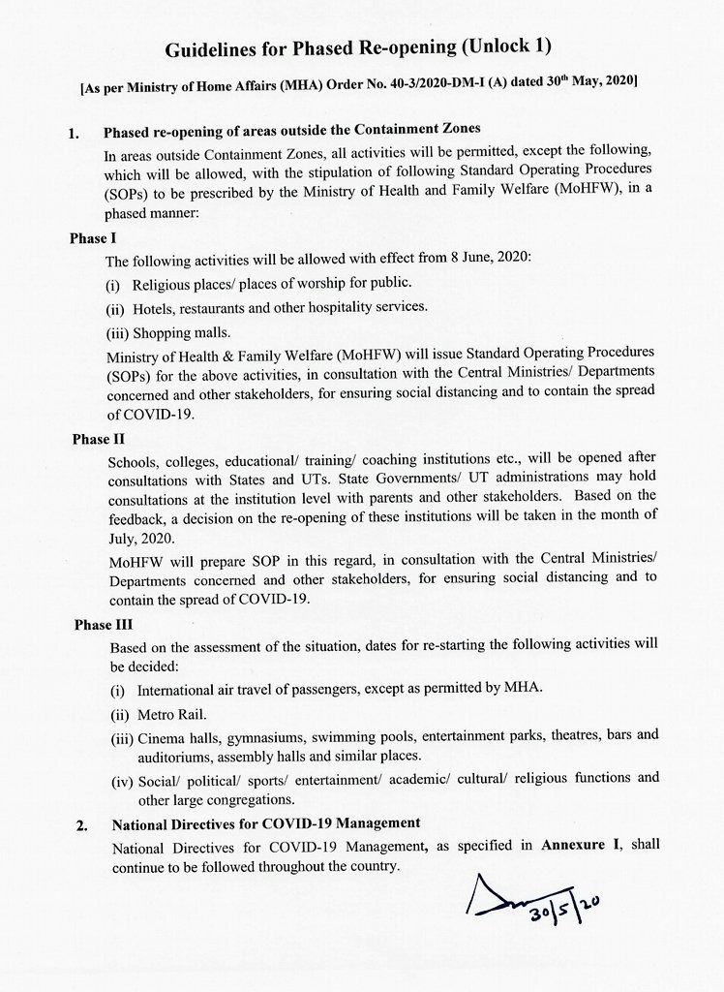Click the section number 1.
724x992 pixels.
pyautogui.click(x=75, y=133)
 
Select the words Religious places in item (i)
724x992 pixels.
pyautogui.click(x=184, y=283)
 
